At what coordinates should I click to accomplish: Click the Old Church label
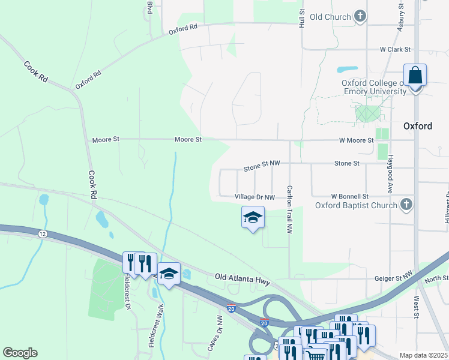pyautogui.click(x=330, y=17)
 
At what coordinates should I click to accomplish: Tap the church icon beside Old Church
pyautogui.click(x=360, y=16)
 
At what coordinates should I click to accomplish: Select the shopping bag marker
pyautogui.click(x=415, y=76)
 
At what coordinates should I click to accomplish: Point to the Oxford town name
pyautogui.click(x=418, y=126)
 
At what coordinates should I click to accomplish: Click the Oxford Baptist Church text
pyautogui.click(x=356, y=205)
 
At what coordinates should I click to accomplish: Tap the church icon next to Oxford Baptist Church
pyautogui.click(x=406, y=205)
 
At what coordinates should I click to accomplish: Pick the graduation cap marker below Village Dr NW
pyautogui.click(x=253, y=218)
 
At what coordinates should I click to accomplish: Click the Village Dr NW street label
pyautogui.click(x=255, y=197)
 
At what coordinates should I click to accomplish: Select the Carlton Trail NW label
pyautogui.click(x=289, y=209)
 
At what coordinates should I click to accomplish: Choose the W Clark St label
pyautogui.click(x=394, y=49)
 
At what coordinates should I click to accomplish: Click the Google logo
pyautogui.click(x=20, y=353)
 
